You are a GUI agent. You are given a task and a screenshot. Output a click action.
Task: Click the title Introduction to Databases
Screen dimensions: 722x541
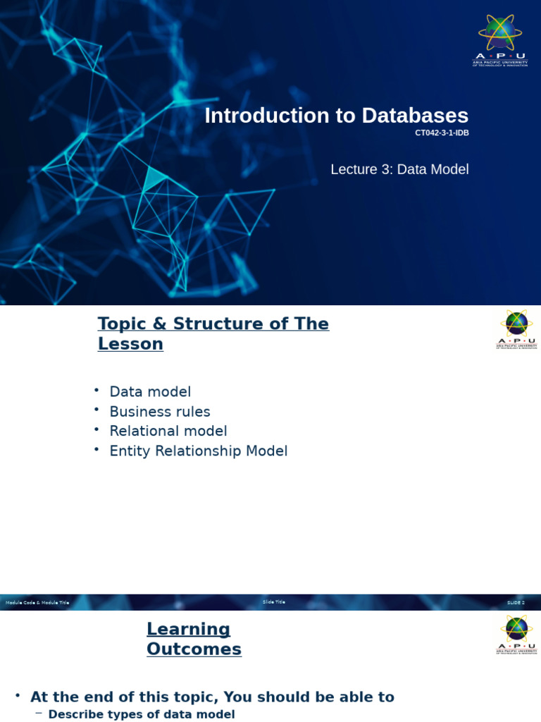tap(336, 116)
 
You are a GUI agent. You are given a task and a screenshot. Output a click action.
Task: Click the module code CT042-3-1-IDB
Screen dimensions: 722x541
tap(442, 133)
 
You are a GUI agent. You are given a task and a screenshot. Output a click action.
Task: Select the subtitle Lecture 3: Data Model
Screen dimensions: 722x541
tap(399, 169)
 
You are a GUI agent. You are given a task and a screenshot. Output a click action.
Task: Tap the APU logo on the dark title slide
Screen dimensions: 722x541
tap(500, 39)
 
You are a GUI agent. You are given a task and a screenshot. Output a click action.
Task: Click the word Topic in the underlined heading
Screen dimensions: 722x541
tap(123, 324)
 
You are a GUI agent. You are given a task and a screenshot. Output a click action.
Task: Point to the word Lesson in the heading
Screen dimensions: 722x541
tap(130, 344)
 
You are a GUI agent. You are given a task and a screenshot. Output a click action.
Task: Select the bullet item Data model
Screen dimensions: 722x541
tap(150, 392)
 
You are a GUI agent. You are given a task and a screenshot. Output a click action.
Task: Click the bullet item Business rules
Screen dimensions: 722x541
tap(160, 412)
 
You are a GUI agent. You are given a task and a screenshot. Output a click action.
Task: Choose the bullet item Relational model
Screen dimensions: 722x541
tap(168, 431)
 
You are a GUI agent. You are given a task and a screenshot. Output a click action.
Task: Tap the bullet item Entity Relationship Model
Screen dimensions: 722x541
tap(199, 451)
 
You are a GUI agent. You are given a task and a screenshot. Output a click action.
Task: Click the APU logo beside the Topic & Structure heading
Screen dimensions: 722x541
tap(516, 329)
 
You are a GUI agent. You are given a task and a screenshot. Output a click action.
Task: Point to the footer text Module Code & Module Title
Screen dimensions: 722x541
tap(37, 603)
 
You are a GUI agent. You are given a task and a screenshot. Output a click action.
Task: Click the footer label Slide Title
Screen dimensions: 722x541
tap(273, 602)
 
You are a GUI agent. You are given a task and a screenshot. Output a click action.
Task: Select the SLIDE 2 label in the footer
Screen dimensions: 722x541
tap(516, 603)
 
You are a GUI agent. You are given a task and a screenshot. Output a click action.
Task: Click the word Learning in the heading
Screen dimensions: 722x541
tap(188, 629)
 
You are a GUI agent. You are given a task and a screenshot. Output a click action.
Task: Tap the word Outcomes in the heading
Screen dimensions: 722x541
tap(194, 649)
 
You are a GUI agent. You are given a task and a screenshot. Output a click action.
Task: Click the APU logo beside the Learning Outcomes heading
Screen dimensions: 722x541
tap(516, 634)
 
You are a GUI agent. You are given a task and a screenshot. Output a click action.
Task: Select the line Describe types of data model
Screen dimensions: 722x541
tap(141, 714)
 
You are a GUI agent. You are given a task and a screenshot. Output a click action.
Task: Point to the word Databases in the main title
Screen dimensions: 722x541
tap(415, 116)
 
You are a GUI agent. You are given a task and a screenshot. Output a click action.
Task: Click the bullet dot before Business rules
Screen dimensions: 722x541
tap(97, 410)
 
